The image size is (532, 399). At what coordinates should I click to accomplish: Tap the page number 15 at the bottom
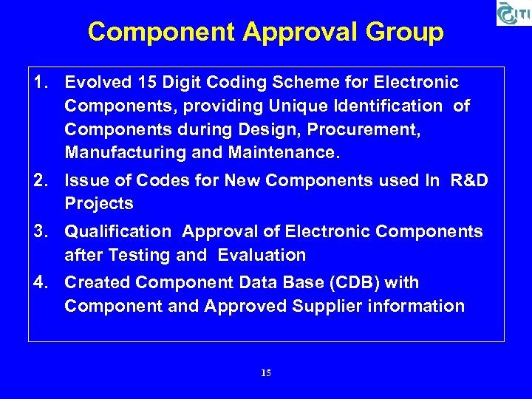click(x=266, y=373)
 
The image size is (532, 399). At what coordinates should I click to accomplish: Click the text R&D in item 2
click(x=469, y=180)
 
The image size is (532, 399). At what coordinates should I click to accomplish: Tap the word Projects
click(x=99, y=203)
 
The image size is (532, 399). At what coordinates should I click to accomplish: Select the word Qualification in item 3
click(x=118, y=231)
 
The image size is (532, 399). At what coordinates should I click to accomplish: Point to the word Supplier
click(x=345, y=306)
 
